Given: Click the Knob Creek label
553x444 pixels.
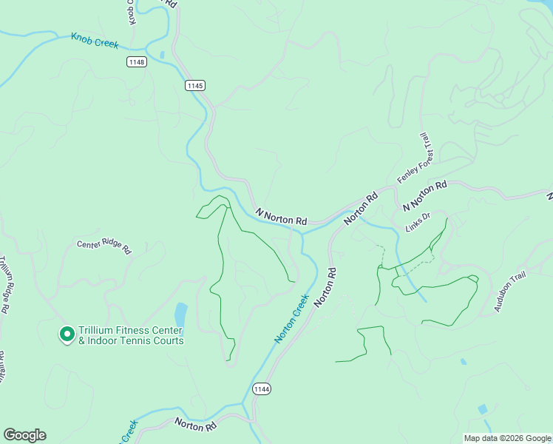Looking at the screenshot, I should [95, 40].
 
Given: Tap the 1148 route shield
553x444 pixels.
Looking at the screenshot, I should [136, 61].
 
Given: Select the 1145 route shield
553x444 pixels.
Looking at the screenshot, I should [195, 86].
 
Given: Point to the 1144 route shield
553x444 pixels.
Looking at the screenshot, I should [261, 388].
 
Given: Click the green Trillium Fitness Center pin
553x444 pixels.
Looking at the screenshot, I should [67, 334].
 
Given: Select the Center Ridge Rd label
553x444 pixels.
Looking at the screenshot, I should [104, 246].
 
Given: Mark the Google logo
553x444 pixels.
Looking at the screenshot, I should [24, 435].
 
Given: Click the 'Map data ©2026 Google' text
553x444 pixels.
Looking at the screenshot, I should [507, 438].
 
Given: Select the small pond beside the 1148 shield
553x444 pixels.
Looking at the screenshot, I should [161, 55].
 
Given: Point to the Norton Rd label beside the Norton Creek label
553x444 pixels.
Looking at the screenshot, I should [326, 287].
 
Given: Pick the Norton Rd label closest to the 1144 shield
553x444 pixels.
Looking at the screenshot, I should [195, 425].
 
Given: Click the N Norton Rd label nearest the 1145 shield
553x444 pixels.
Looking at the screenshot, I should [281, 217].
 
